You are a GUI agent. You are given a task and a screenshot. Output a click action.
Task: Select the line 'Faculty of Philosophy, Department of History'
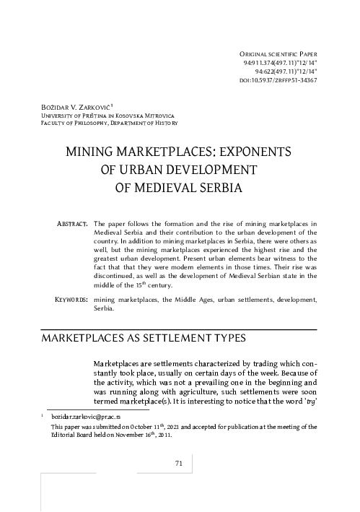110,123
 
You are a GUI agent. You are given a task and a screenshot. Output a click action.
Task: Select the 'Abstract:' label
71,225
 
